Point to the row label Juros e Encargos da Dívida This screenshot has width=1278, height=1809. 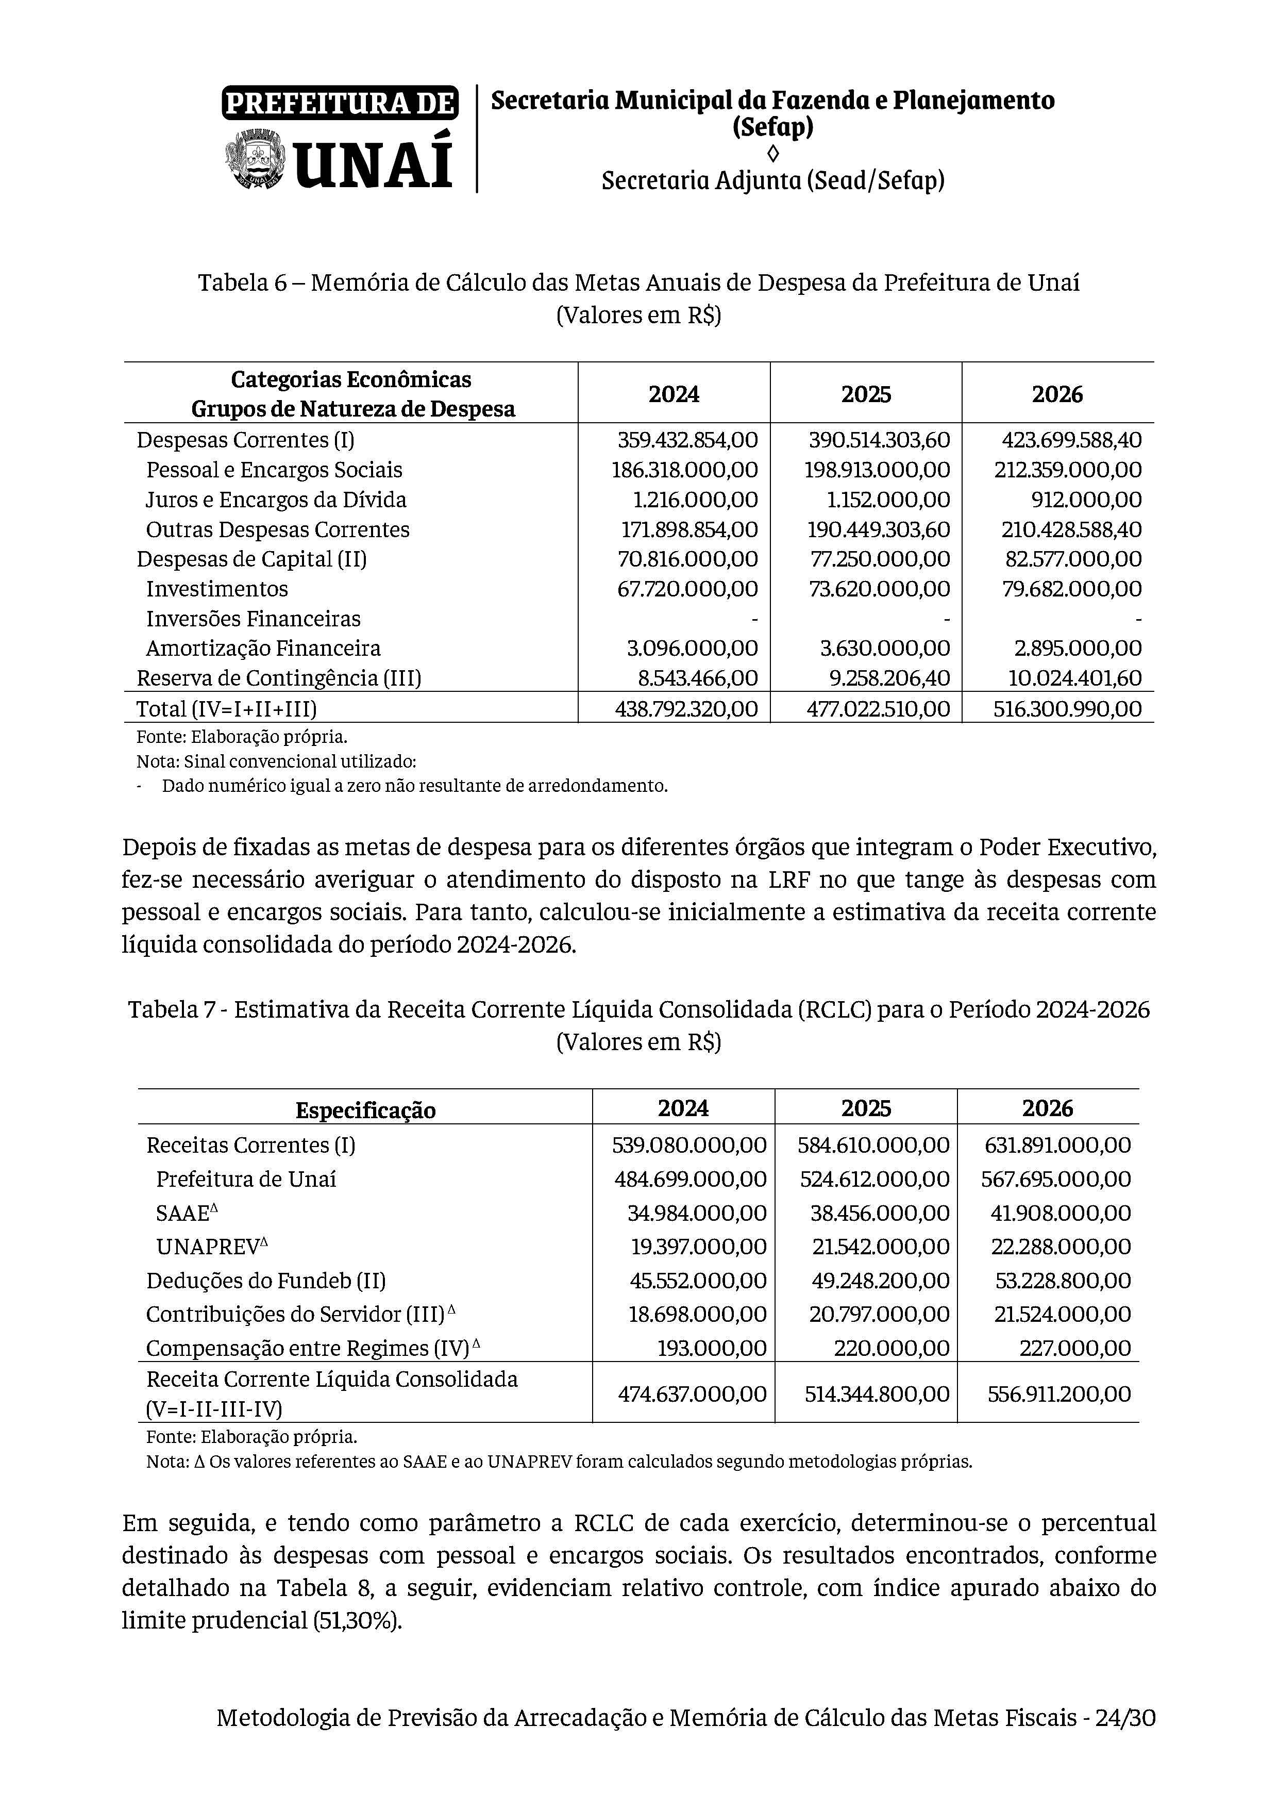[x=276, y=500]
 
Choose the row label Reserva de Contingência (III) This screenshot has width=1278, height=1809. [x=279, y=677]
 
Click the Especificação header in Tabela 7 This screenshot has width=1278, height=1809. [x=365, y=1110]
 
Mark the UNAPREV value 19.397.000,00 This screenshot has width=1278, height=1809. [x=698, y=1247]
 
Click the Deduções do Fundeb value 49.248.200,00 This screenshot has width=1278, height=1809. [x=880, y=1281]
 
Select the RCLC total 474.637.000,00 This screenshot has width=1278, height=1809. [x=692, y=1394]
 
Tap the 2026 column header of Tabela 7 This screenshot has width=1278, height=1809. [x=1047, y=1108]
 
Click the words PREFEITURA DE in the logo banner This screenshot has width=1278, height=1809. [x=340, y=103]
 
